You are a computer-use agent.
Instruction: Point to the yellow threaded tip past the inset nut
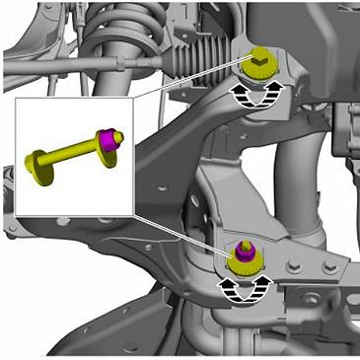click(118, 138)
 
